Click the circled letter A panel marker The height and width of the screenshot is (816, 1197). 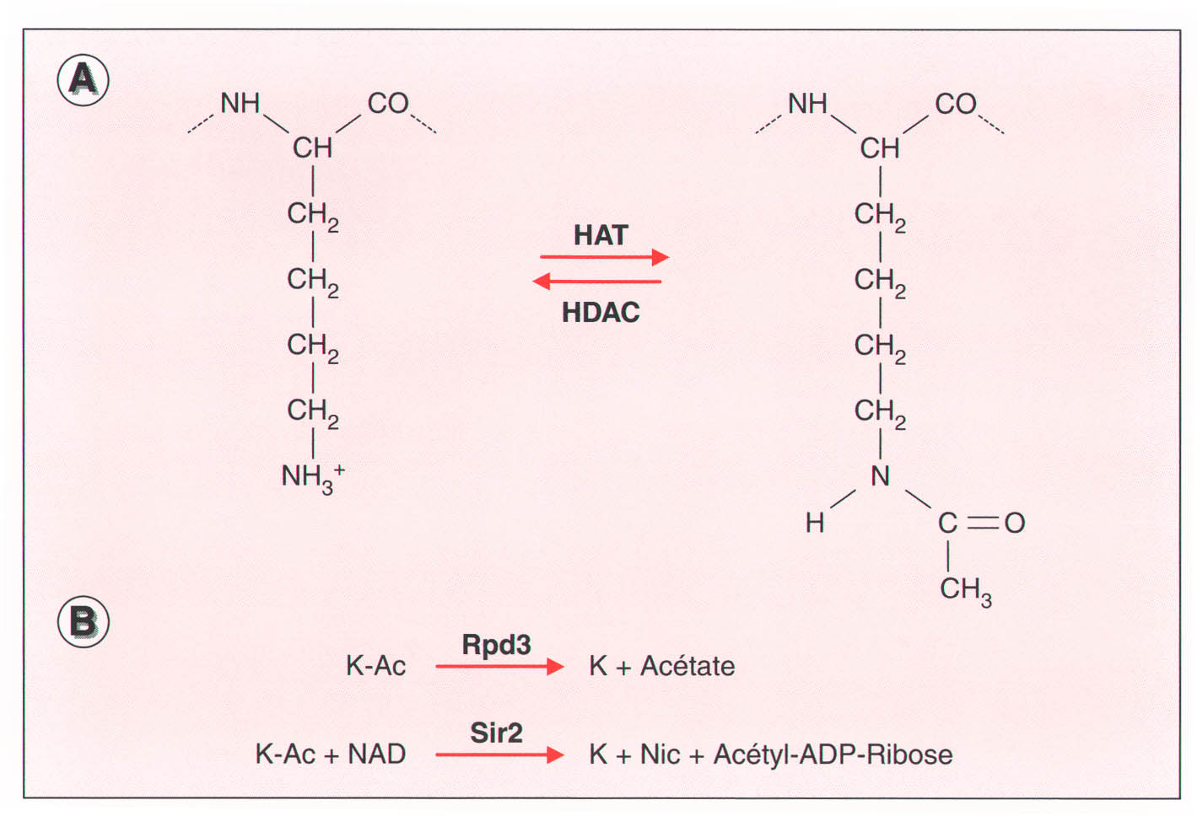[83, 80]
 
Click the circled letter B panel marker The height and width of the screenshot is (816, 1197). [83, 622]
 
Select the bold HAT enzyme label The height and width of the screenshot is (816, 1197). [601, 235]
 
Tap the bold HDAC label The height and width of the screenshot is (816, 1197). [601, 313]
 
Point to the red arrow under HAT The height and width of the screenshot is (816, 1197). [604, 256]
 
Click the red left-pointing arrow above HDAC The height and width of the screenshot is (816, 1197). [597, 281]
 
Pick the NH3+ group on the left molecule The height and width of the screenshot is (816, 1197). [311, 477]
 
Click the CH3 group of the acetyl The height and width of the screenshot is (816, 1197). [965, 589]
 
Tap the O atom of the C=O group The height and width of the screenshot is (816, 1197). [1015, 523]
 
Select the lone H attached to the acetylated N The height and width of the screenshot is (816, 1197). [814, 523]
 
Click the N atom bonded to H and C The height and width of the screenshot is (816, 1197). [880, 476]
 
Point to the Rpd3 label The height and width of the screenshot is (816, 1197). [496, 645]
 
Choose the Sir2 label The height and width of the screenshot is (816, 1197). [496, 733]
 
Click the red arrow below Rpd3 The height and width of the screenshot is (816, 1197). [499, 667]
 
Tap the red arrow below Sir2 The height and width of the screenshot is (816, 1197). [499, 754]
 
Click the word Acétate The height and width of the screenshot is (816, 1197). [687, 666]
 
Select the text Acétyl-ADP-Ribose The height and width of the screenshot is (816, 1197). [833, 754]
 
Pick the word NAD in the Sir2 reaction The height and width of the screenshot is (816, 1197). [376, 754]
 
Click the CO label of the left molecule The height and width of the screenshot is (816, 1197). [388, 104]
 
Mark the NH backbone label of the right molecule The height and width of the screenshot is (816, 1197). [807, 104]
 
